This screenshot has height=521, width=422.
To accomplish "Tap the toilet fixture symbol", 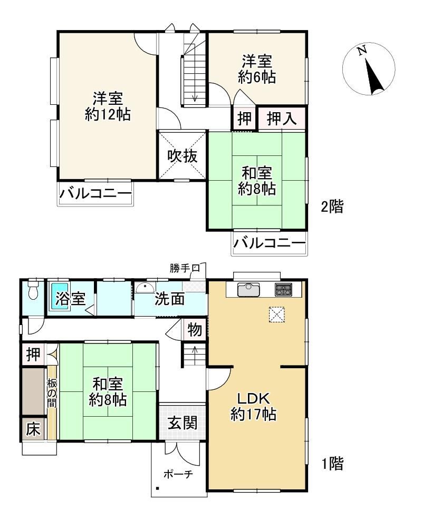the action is tap(33, 290).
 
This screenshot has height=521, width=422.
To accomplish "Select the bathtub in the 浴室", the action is tap(59, 297).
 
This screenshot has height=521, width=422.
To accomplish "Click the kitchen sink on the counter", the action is tap(248, 289).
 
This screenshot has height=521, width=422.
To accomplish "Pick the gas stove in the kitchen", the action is tap(283, 289).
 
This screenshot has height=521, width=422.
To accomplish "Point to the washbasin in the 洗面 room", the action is tap(145, 288).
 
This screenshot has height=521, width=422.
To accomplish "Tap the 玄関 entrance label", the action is tap(182, 422).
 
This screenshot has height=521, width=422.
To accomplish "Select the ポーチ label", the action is tap(178, 474).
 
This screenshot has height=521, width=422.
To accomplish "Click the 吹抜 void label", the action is tap(182, 156).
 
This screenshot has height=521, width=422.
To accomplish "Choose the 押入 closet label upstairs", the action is tap(282, 119).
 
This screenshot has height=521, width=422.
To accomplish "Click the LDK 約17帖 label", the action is tap(253, 406).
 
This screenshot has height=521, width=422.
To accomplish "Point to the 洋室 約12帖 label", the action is tap(108, 106).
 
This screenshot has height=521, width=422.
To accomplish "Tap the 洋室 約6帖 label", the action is tap(256, 69).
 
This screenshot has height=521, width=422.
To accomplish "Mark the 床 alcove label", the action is tap(33, 429).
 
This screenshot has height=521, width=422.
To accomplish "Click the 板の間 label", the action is tap(52, 394).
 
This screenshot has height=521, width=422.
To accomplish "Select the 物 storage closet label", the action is tap(195, 330).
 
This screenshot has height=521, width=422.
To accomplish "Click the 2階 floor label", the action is tap(332, 207).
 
